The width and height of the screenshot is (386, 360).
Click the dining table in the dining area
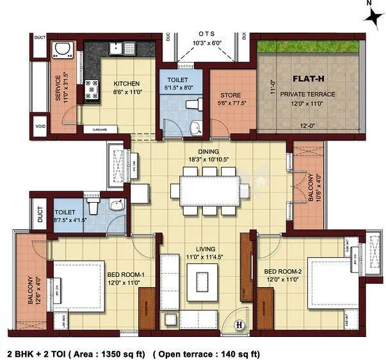[x=209, y=189]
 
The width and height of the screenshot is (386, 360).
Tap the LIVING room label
[x=205, y=249]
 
